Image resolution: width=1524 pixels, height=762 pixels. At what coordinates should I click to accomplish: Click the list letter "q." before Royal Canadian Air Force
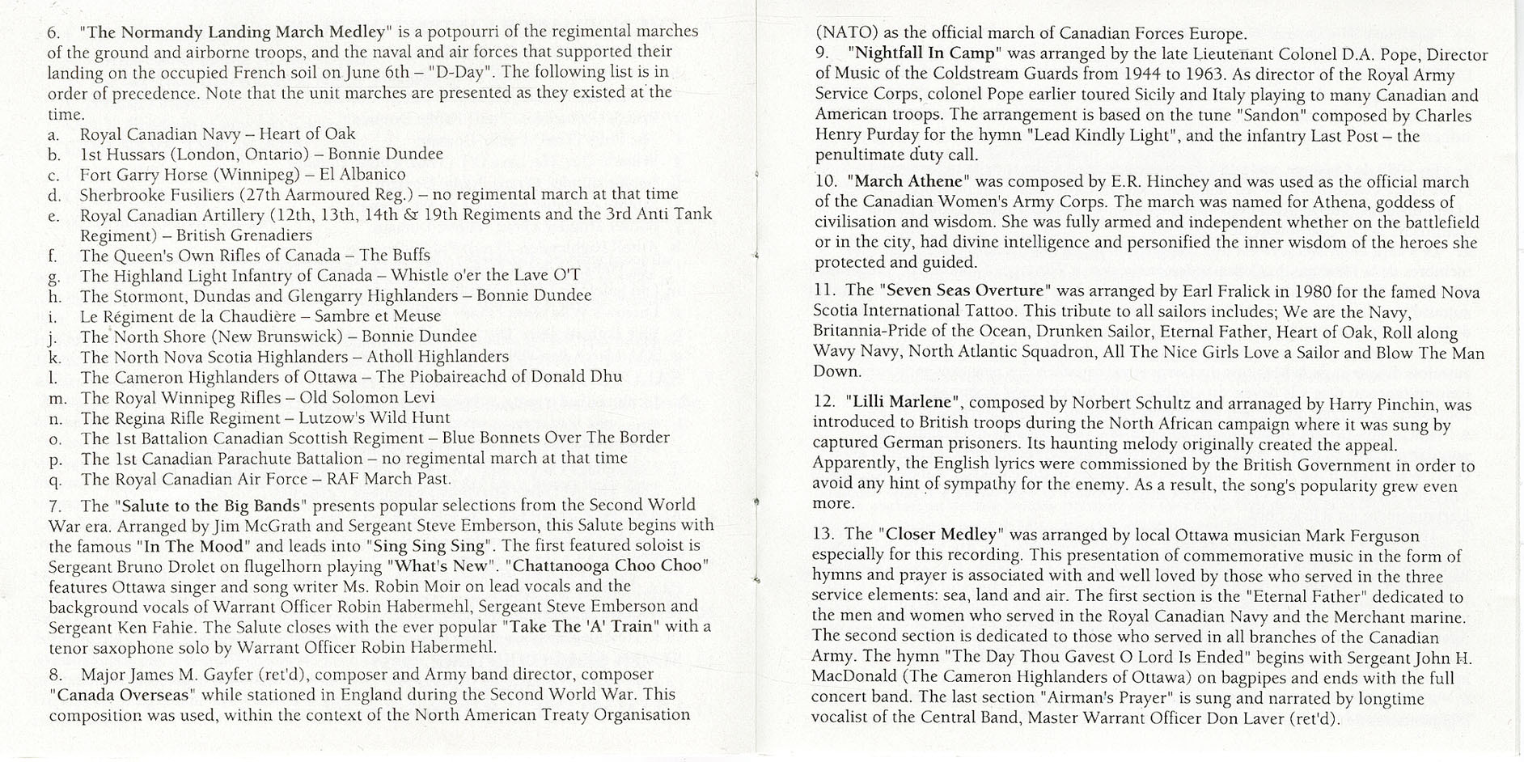point(55,480)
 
